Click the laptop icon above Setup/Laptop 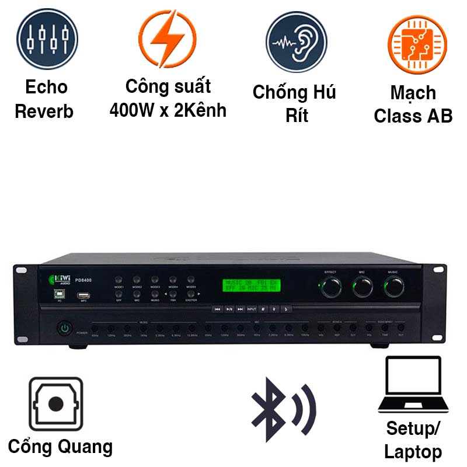(x=413, y=385)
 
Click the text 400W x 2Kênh (x=168, y=110)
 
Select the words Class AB (x=413, y=116)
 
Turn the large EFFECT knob (x=331, y=286)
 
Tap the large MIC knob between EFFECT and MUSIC (x=363, y=286)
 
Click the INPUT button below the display (x=252, y=309)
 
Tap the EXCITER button (x=191, y=294)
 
